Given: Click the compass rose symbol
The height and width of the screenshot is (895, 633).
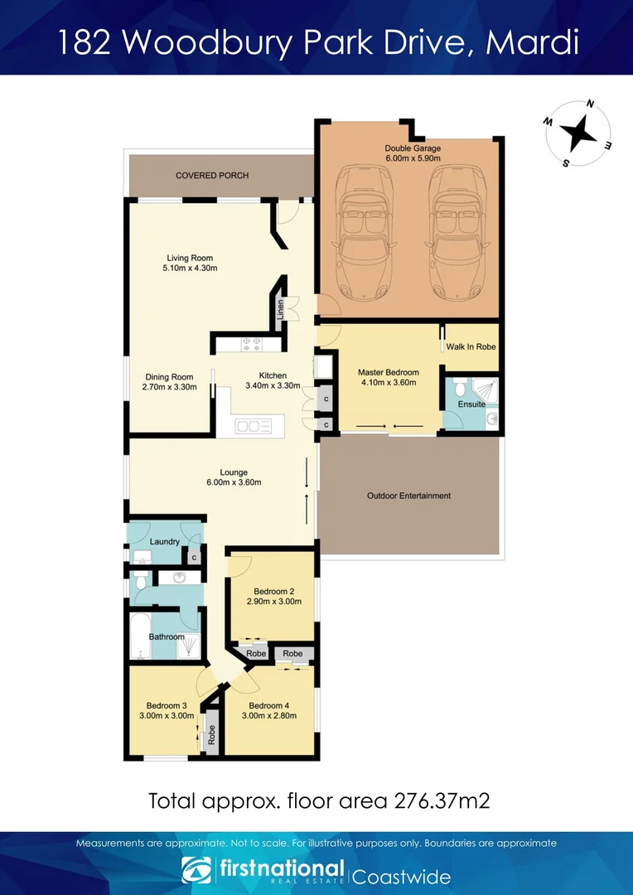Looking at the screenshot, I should coord(577,133).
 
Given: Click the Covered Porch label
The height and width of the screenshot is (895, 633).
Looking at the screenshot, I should coord(212,176).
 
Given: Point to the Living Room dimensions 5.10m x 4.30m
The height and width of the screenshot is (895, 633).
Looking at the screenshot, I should coord(191,268).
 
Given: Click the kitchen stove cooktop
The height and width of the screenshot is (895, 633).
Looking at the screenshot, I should coord(250,343).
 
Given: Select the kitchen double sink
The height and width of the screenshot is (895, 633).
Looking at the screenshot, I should coord(254,426).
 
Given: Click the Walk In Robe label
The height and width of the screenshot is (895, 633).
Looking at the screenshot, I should coord(471,346).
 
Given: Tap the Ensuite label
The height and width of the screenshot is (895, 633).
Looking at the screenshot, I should coord(471,404).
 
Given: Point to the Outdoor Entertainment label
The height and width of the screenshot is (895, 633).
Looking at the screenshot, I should coord(408,496).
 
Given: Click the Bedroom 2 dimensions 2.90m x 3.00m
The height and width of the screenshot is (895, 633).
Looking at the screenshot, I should coord(273,602).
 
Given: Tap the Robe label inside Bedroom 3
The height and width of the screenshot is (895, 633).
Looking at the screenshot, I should coord(212,735).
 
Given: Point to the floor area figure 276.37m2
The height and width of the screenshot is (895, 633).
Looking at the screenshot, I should coord(434,801).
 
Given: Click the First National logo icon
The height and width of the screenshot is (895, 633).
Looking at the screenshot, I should coord(196,871).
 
